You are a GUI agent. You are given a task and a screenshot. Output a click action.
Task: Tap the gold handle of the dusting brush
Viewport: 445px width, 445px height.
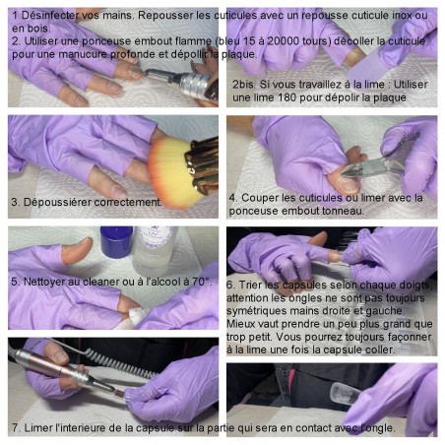click(x=203, y=164)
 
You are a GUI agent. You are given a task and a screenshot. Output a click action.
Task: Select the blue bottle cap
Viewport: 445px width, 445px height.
click(x=116, y=242)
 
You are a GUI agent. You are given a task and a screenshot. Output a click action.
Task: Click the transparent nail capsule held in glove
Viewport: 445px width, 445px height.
click(x=346, y=393)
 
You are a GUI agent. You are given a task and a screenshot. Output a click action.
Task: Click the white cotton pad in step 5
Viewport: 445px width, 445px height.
click(x=136, y=316)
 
